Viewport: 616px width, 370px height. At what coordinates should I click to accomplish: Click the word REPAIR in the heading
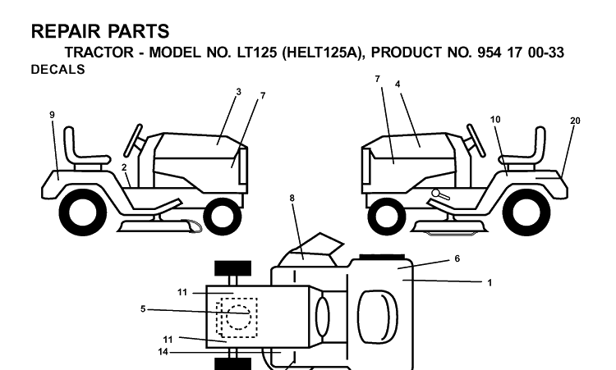[66, 31]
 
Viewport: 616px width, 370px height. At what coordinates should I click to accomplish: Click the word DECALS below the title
[57, 70]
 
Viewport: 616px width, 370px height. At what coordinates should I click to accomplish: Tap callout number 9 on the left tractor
[53, 115]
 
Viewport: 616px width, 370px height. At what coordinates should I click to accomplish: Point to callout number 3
[238, 92]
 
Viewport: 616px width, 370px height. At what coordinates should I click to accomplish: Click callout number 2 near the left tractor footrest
[124, 167]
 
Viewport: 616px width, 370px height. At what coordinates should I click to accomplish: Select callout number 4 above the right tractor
[398, 85]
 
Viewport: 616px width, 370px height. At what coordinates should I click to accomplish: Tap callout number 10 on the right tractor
[495, 119]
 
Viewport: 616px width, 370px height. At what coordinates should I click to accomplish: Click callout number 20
[575, 121]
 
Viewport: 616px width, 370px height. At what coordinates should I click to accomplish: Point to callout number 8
[292, 199]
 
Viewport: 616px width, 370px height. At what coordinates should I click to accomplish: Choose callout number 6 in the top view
[457, 259]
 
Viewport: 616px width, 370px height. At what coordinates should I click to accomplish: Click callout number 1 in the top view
[490, 283]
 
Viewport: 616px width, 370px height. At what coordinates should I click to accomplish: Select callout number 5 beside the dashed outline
[143, 309]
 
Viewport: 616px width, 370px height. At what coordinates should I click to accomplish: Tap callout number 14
[163, 352]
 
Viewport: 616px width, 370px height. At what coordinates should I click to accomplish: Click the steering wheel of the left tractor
[133, 140]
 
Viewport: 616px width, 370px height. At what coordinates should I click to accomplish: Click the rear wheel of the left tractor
[83, 214]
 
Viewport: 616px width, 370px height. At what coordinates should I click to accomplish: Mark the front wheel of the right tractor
[387, 216]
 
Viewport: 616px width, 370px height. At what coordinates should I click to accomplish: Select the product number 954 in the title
[490, 53]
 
